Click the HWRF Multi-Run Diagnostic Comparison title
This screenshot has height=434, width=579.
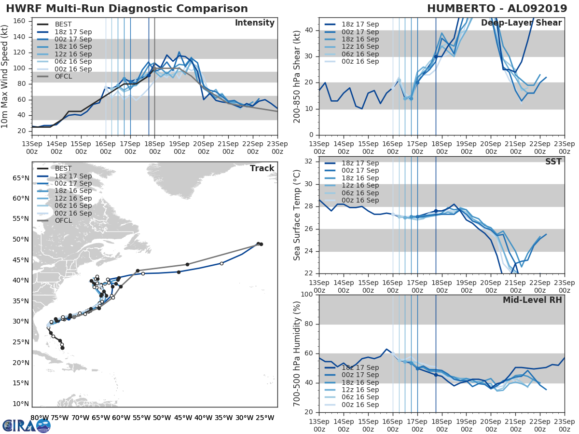(127, 9)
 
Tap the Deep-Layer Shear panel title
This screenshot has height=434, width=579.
(521, 23)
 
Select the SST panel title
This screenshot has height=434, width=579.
(553, 162)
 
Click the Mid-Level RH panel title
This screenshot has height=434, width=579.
(532, 300)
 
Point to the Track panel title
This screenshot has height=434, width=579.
(262, 168)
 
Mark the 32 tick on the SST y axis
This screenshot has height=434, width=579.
(309, 161)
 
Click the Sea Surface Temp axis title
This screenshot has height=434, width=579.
(297, 215)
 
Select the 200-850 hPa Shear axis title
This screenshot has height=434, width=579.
(297, 76)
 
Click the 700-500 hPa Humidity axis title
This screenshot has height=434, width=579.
(297, 353)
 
